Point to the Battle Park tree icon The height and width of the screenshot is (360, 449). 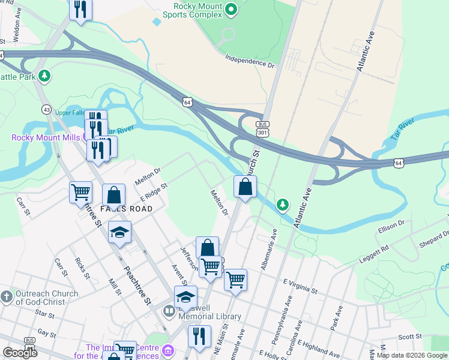tap(43, 76)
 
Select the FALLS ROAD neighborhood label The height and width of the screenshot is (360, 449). tap(126, 208)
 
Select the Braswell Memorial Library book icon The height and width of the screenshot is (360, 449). tap(169, 312)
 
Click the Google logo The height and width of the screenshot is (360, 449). tap(20, 353)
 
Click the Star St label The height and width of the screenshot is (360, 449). tap(44, 313)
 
